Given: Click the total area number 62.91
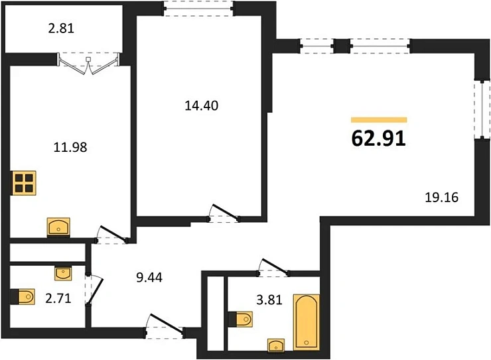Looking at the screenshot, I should pos(378,138).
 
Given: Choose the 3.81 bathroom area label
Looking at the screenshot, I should pos(270,299).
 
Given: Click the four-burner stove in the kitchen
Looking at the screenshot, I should pos(24,182).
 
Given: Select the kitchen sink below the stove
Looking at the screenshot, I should pos(60,227).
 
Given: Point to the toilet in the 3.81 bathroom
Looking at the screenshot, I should pos(240,320).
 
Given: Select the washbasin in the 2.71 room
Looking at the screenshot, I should pos(63,272).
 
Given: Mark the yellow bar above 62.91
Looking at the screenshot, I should pos(378,119).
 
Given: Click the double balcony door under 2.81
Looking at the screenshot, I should pos(88,64).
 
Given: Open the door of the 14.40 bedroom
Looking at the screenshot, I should pos(224,213).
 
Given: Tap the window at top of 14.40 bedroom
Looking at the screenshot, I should pos(198,9).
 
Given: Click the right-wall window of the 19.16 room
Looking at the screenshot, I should pos(478,109).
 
